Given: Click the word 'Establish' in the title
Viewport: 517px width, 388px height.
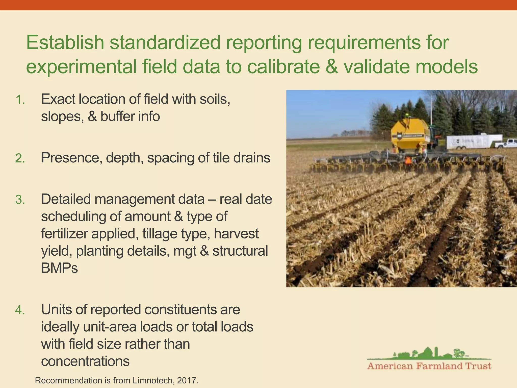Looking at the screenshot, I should tap(65, 43).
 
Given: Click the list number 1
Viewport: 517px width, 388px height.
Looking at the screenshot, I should tap(20, 100).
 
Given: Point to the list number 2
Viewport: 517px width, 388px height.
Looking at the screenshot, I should tap(20, 159).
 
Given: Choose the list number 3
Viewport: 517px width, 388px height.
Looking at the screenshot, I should tap(20, 200).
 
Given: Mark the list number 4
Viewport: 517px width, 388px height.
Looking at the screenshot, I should tap(20, 310).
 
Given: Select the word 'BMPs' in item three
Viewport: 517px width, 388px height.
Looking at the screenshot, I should tap(60, 268).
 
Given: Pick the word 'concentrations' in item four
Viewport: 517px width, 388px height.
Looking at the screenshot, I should tap(85, 361).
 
